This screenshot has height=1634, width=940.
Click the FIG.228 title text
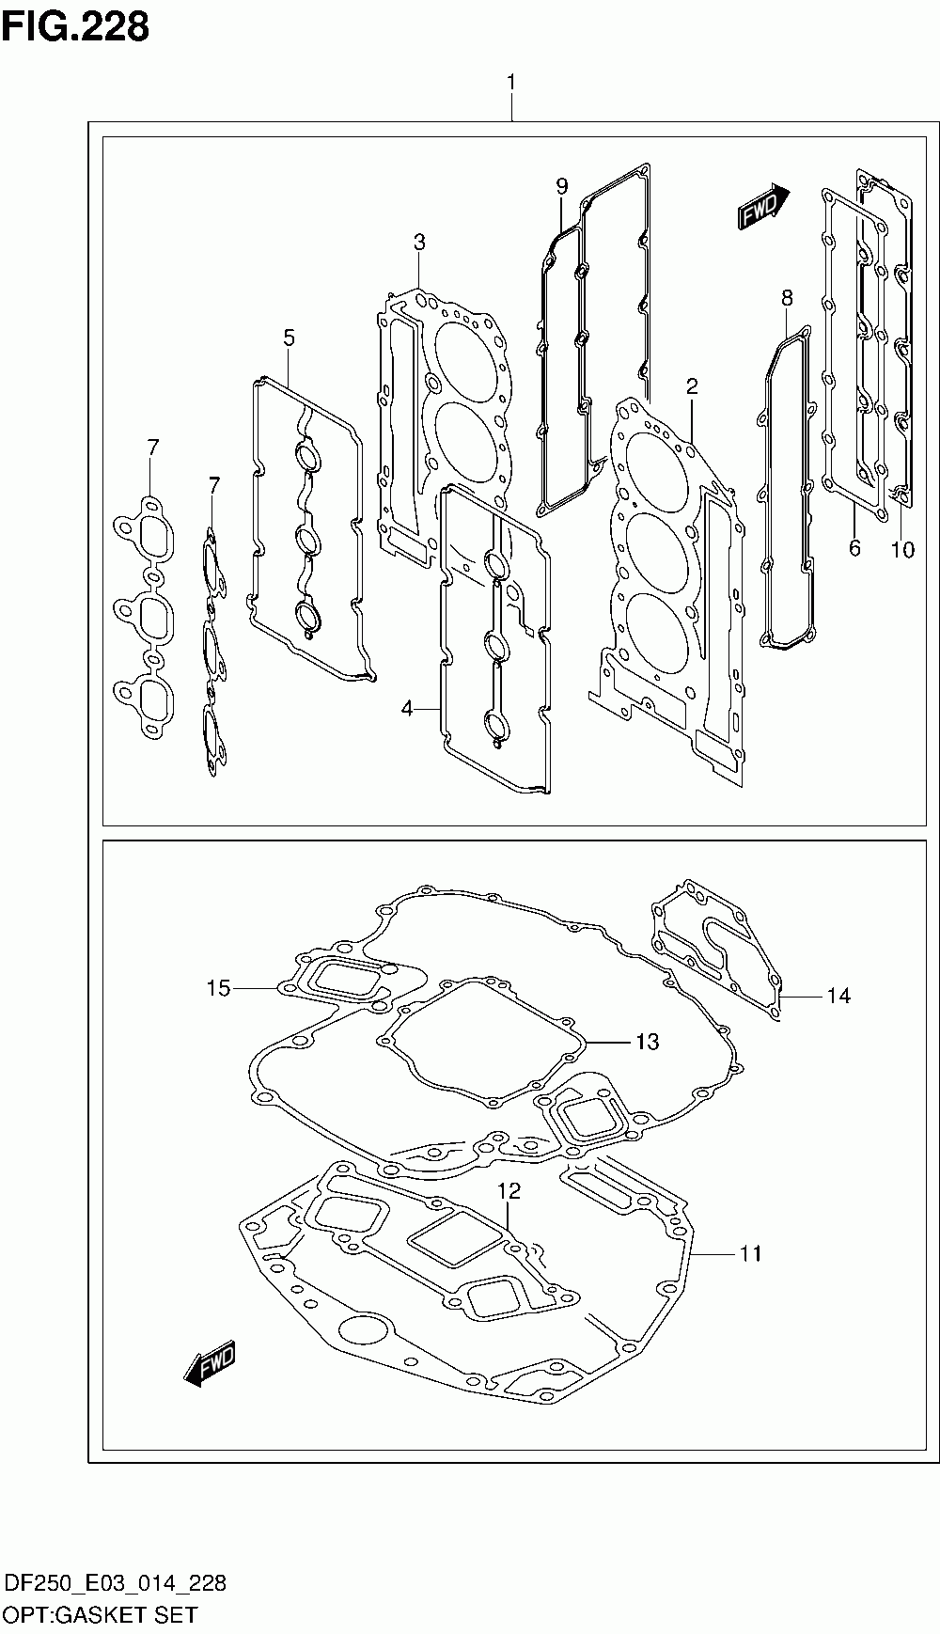click(x=75, y=27)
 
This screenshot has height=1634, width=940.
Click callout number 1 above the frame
click(x=511, y=83)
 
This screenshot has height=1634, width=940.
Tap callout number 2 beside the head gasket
click(x=691, y=385)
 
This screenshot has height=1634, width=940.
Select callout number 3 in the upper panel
click(x=419, y=243)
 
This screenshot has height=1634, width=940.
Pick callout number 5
click(x=289, y=337)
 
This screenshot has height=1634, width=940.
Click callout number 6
click(x=854, y=547)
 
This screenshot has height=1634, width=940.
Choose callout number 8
click(x=787, y=298)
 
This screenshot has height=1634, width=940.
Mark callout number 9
click(x=562, y=186)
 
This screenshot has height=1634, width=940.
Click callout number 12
click(x=509, y=1191)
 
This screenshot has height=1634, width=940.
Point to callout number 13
click(x=647, y=1042)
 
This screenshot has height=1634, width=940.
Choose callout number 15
click(x=218, y=988)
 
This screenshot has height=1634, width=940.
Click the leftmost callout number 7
click(x=153, y=447)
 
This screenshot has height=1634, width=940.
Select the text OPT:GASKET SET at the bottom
click(x=102, y=1614)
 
